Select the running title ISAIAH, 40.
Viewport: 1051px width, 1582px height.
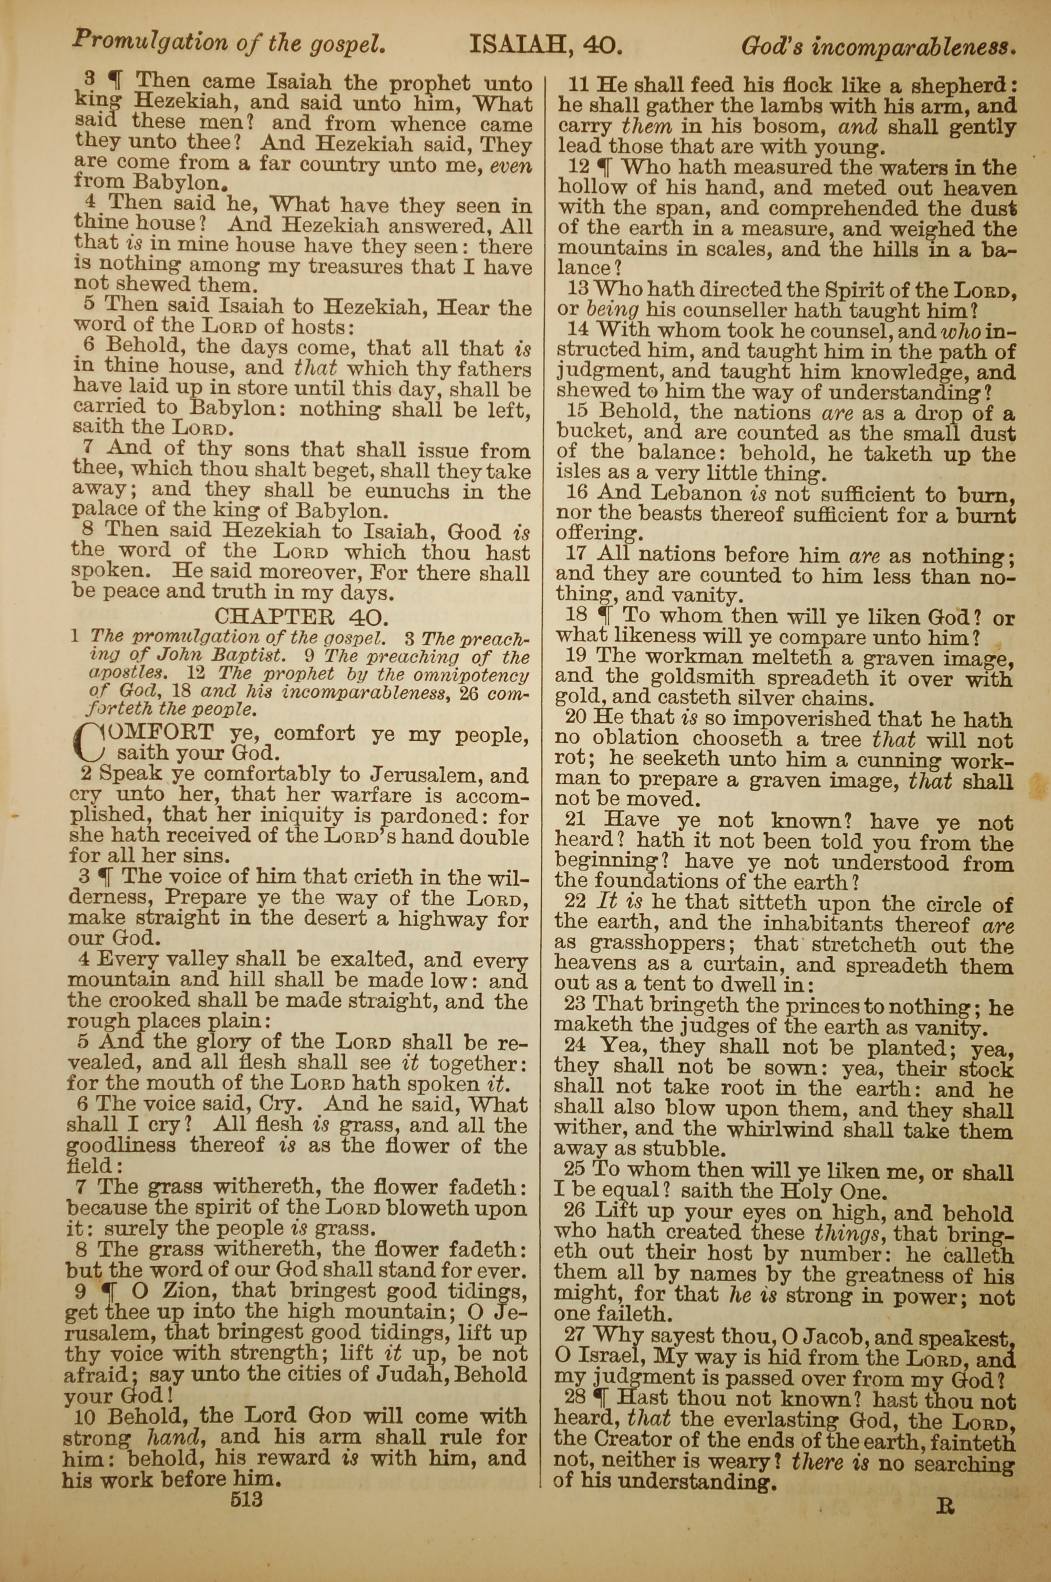tap(547, 46)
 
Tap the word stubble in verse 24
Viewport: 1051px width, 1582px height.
tap(683, 1150)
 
